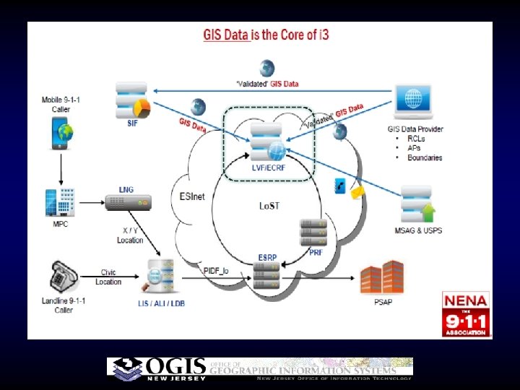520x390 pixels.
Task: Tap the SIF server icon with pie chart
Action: coord(134,100)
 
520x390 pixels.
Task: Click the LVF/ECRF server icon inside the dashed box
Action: coord(266,141)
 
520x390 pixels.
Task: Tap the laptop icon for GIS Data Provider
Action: coord(414,102)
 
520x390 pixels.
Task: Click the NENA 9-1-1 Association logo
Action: coord(467,313)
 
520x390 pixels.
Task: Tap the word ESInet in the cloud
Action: coord(191,196)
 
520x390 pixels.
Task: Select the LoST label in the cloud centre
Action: coord(269,206)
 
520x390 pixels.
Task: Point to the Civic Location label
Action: coord(109,277)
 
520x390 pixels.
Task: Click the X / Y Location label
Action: coord(130,235)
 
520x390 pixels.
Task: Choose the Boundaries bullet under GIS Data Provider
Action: coord(425,157)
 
